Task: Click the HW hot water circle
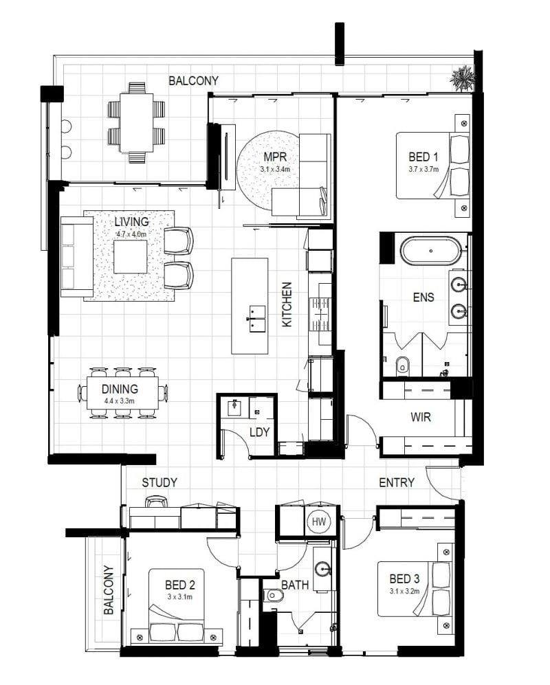coord(319,521)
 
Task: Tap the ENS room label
coord(423,297)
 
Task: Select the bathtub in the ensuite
coord(430,251)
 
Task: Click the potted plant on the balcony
coord(462,78)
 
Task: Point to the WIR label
coord(421,417)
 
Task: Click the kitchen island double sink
coord(256,319)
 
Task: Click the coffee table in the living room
coord(131,257)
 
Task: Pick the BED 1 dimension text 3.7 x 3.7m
coord(423,169)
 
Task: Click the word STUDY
coord(159,483)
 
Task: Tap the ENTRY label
coord(397,483)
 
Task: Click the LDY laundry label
coord(259,432)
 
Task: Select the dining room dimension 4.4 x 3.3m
coord(119,401)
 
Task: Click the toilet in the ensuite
coord(402,366)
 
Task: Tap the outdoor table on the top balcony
coord(137,122)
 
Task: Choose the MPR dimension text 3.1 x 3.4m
coord(275,169)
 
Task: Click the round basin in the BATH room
coord(324,570)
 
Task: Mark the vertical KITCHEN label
coord(287,304)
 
